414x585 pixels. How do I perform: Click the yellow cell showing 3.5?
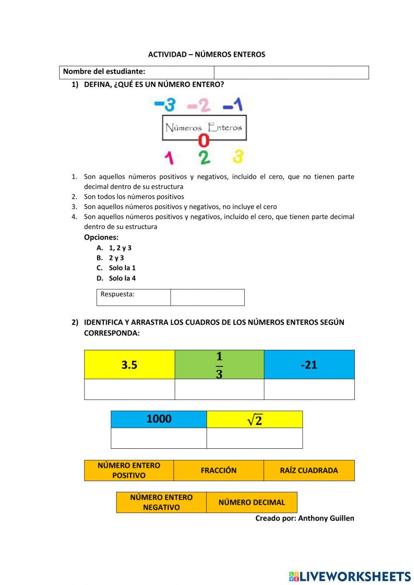[x=129, y=365]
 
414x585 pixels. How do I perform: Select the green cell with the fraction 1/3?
[x=219, y=365]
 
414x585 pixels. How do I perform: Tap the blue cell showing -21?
[x=309, y=365]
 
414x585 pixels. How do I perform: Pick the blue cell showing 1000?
[x=159, y=419]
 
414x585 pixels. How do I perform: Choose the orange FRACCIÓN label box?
[x=219, y=470]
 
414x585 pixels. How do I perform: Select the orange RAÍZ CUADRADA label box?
[x=309, y=470]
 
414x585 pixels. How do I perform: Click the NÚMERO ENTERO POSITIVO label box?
[x=129, y=470]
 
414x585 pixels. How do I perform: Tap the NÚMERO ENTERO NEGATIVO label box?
[x=161, y=502]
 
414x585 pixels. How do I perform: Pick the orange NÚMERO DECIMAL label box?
[x=252, y=502]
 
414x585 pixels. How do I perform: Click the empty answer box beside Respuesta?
[x=207, y=297]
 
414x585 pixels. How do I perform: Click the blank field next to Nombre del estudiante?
[x=291, y=72]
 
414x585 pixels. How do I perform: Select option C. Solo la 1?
[x=116, y=268]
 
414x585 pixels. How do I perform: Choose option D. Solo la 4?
[x=116, y=278]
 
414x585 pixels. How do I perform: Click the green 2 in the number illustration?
[x=204, y=157]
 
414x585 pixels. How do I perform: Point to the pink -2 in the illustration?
[x=199, y=105]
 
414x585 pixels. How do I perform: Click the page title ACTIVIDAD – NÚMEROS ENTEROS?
[x=207, y=54]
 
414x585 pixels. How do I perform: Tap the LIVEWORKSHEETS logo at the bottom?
[x=350, y=576]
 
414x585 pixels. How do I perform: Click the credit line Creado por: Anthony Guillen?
[x=305, y=518]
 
